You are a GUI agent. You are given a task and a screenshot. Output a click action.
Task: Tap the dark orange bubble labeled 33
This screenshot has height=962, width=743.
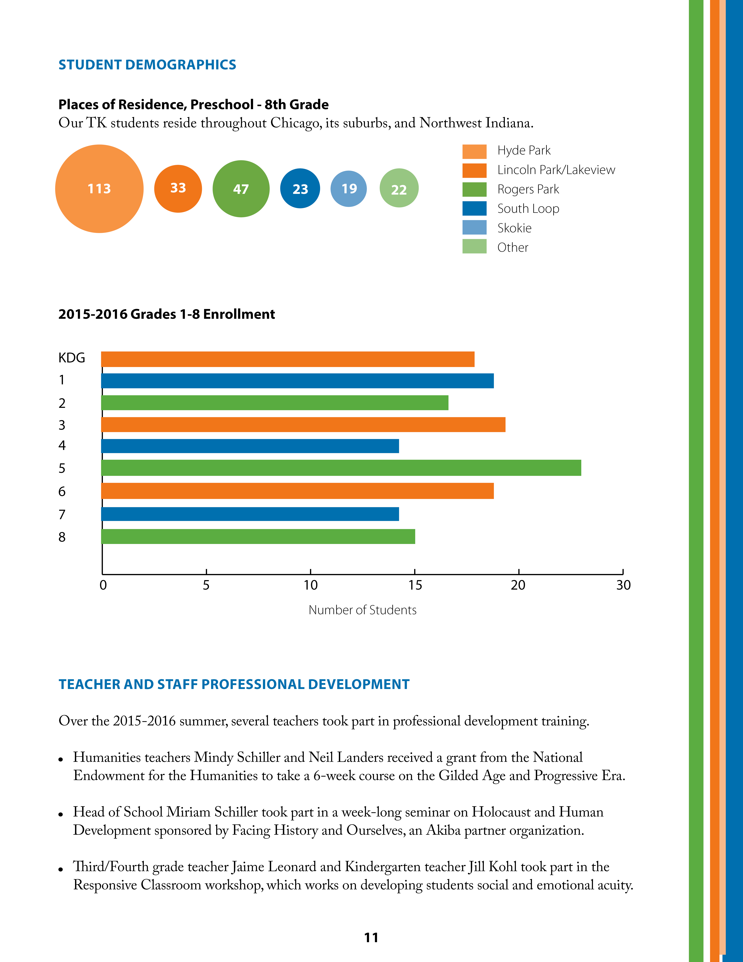[178, 188]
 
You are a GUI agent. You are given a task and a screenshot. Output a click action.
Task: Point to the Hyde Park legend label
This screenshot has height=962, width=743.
[524, 151]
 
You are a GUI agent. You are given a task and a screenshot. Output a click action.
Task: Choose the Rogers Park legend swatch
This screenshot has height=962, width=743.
[474, 189]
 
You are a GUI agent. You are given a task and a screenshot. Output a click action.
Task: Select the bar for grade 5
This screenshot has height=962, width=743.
[341, 468]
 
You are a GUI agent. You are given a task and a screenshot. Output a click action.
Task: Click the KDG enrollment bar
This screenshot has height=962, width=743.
[288, 359]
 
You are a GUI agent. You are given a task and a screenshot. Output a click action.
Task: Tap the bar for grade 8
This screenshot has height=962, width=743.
[258, 537]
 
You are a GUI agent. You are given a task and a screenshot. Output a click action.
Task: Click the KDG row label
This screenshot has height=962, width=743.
[72, 358]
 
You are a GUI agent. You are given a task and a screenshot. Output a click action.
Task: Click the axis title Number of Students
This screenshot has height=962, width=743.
[362, 610]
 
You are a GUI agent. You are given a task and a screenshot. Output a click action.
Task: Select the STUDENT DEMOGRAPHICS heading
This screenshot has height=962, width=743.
[147, 65]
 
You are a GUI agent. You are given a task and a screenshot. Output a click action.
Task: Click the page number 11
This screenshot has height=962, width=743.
[371, 937]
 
